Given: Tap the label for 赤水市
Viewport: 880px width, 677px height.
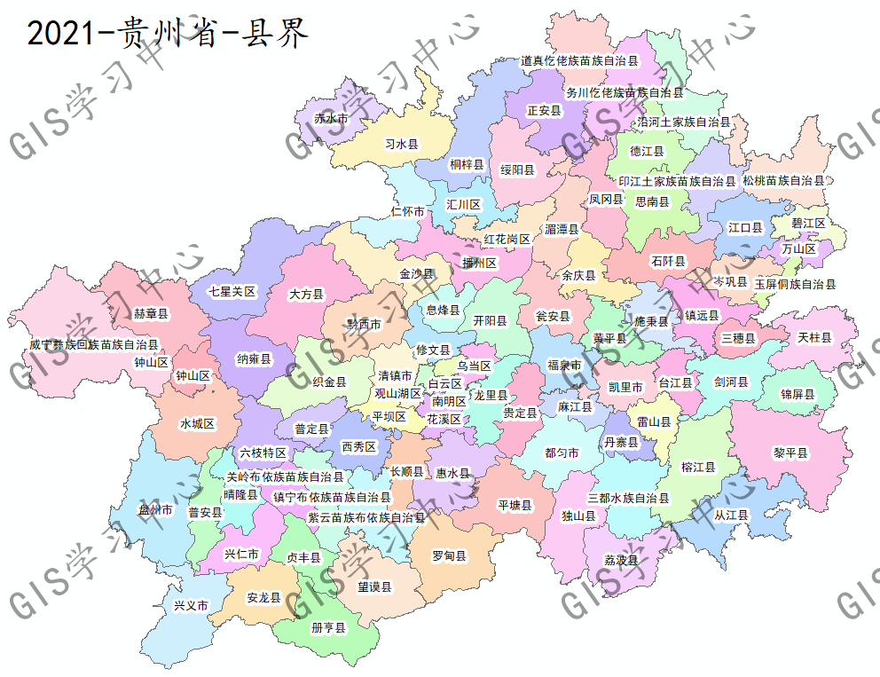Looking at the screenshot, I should tap(331, 118).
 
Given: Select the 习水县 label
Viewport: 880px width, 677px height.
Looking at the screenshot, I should tap(401, 144).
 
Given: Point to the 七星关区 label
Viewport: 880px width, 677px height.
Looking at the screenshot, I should tap(232, 291).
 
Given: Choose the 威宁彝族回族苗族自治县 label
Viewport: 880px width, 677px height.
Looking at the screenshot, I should tap(93, 344).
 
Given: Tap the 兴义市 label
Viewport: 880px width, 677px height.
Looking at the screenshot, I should tap(191, 605).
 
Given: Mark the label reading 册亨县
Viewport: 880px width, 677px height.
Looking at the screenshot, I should tap(328, 627).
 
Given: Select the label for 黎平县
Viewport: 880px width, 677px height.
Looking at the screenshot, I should tap(790, 453).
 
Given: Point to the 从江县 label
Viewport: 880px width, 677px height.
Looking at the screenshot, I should tap(731, 515).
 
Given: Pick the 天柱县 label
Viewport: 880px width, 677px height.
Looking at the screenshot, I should tap(814, 338).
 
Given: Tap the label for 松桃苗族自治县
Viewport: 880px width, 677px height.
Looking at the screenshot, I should tap(783, 180).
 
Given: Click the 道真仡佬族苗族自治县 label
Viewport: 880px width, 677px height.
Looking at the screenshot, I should tap(579, 61).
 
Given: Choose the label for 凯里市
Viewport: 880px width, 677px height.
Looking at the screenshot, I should tap(625, 387).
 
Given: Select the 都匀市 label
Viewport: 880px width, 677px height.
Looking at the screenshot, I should tap(562, 453).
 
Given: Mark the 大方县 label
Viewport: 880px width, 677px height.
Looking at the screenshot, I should tap(307, 294).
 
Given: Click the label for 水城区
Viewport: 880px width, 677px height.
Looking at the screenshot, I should tap(197, 423).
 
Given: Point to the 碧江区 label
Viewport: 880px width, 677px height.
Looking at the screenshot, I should tap(808, 223).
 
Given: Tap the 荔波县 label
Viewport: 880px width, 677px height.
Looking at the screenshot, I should tap(621, 560).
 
